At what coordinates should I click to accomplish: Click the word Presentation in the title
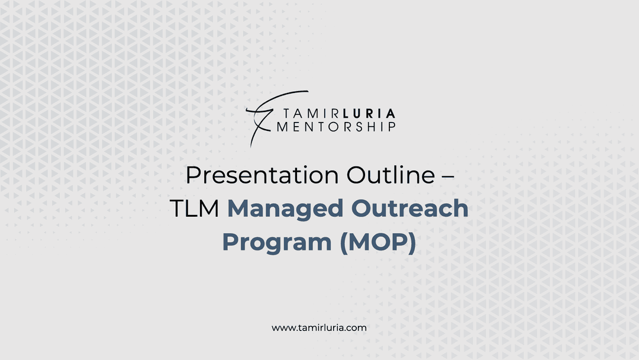pos(262,175)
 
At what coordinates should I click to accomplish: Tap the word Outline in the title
pos(391,175)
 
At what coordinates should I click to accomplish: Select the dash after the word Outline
pos(448,176)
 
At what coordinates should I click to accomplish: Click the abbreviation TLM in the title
pos(195,208)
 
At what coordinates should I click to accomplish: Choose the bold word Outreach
pos(409,208)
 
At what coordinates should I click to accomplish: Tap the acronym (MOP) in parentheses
pos(377,243)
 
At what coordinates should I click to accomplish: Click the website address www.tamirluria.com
pos(319,328)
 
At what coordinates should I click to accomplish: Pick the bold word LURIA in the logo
pos(369,114)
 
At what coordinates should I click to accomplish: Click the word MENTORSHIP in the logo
pos(336,127)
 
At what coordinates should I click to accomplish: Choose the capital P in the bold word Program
pos(230,242)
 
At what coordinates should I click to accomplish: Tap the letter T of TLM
pos(177,209)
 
